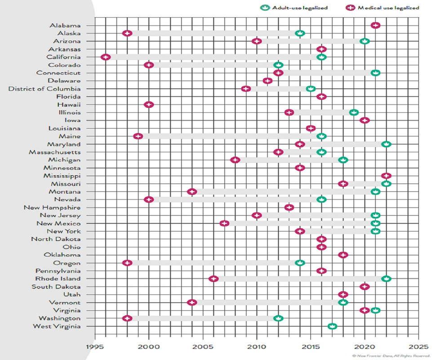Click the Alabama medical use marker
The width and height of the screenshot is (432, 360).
pos(375,25)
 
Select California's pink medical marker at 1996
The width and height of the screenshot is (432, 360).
pos(106,57)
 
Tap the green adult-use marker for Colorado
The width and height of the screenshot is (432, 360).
pos(278,65)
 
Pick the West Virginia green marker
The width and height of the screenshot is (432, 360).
pos(332,326)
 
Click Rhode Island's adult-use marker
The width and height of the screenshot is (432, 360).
pos(386,279)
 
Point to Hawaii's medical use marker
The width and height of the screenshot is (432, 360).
pos(149,104)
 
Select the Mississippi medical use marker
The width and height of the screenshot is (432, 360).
pos(386,175)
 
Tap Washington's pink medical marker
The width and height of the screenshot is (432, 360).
pos(127,318)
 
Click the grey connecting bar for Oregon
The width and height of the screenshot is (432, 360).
pos(214,263)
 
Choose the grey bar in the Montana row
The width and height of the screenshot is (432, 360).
pos(283,192)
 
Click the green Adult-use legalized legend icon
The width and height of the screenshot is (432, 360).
pos(265,8)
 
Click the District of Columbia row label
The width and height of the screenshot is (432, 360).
pos(45,89)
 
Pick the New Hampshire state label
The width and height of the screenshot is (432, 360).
pos(52,207)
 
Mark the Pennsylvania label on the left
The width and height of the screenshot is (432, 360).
pos(58,271)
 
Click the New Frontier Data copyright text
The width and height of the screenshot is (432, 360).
pos(388,355)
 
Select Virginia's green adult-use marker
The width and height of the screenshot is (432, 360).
pos(375,310)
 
